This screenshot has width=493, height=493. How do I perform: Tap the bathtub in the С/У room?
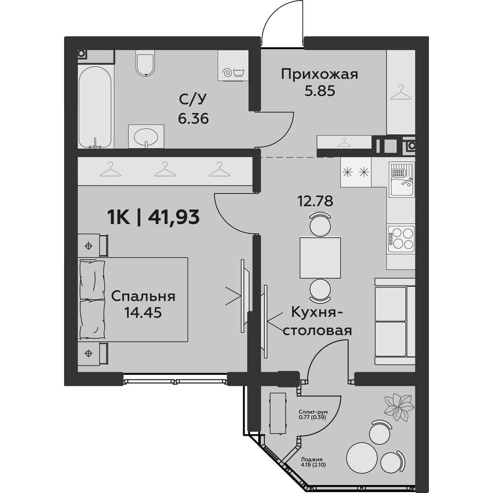(95, 107)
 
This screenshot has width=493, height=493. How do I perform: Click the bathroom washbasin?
(146, 136)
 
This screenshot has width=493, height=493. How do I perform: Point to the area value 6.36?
(193, 119)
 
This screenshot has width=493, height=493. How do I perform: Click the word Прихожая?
(319, 75)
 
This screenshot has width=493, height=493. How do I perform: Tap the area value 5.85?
(319, 91)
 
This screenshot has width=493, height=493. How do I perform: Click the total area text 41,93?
(174, 217)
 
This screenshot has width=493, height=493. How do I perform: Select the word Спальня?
(143, 296)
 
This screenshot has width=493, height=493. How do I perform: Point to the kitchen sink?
(401, 179)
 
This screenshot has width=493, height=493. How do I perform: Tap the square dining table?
(320, 258)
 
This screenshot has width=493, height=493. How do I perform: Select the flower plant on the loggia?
(399, 407)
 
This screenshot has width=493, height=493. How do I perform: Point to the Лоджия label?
(311, 459)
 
